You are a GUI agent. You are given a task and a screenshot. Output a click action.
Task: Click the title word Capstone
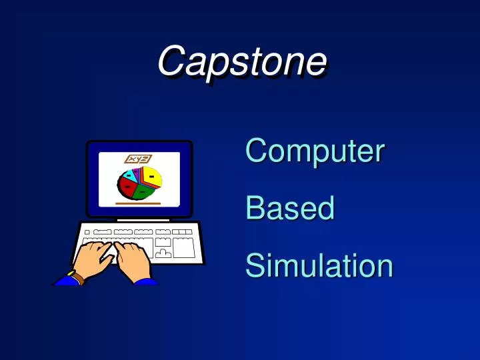click(241, 61)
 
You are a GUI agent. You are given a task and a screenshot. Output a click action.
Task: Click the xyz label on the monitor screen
click(138, 159)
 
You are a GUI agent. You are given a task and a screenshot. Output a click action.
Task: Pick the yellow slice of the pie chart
click(152, 177)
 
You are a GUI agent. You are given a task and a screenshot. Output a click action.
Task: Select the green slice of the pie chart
click(143, 193)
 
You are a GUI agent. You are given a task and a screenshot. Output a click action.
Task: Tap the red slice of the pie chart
click(127, 186)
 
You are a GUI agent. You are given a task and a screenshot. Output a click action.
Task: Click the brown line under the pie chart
click(138, 202)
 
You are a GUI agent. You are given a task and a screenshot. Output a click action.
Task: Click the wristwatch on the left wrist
click(76, 276)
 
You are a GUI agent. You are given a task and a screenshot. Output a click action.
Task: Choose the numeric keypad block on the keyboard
click(183, 247)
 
